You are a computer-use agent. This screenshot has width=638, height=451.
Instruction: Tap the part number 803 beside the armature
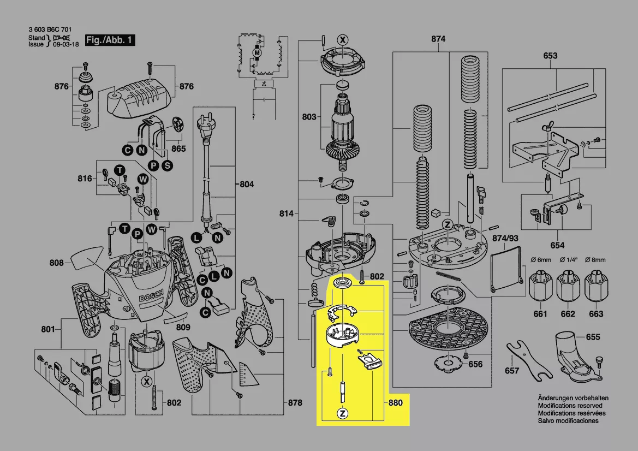309,116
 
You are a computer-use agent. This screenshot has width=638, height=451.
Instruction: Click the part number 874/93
505,239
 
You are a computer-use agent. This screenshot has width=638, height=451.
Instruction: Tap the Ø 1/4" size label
568,259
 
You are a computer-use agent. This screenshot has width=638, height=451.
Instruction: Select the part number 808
57,263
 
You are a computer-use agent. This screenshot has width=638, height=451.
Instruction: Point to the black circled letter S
166,165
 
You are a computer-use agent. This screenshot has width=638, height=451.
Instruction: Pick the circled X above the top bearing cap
343,40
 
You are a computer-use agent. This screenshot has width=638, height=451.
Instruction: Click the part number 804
246,185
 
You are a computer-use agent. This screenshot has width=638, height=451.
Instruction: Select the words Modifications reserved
570,406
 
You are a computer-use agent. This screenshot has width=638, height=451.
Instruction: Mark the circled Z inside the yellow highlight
343,413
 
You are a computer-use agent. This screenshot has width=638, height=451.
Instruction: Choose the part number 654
557,246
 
